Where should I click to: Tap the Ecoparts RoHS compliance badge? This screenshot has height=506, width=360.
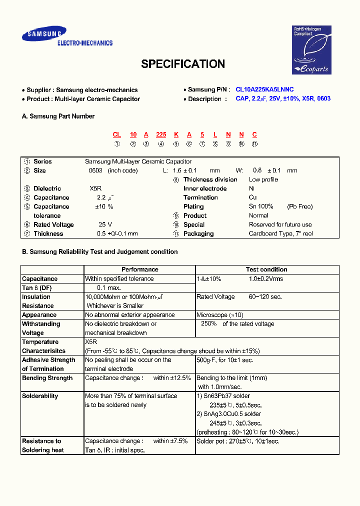[311, 49]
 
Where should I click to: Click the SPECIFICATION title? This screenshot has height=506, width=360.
[182, 64]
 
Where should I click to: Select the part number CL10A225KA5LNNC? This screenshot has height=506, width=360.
[264, 89]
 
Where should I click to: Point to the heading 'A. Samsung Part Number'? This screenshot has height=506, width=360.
[58, 116]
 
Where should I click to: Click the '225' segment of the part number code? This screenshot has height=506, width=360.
[161, 134]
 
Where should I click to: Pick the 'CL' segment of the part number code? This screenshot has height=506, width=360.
[116, 134]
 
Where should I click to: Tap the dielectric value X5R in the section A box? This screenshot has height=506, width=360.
[95, 188]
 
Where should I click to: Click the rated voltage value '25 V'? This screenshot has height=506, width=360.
[105, 224]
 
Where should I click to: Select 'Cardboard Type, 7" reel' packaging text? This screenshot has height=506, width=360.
[281, 233]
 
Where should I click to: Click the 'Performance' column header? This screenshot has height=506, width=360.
[139, 269]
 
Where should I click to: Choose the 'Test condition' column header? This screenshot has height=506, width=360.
[266, 269]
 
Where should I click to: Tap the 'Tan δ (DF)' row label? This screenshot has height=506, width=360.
[36, 288]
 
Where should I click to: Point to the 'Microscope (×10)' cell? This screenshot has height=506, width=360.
[220, 315]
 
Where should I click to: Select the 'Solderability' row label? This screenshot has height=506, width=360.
[40, 396]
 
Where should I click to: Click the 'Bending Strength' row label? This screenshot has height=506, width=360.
[47, 378]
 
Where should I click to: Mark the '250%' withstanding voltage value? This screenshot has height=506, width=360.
[208, 323]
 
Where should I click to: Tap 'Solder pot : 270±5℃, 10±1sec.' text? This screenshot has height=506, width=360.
[237, 441]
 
